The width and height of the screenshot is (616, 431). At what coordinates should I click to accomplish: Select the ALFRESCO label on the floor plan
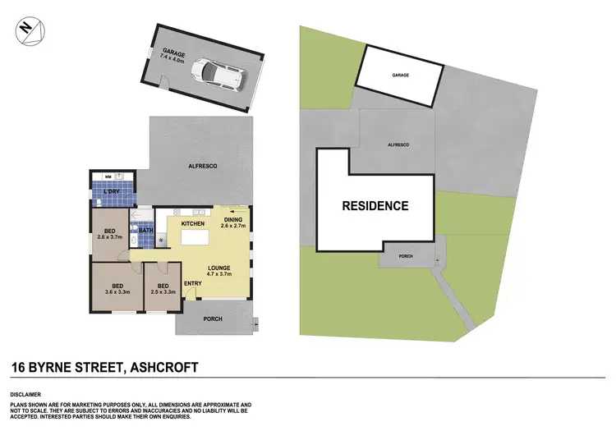tap(202, 167)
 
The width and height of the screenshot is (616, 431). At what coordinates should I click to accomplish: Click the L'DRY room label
tap(102, 194)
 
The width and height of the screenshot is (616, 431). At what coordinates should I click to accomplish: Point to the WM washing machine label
tap(108, 177)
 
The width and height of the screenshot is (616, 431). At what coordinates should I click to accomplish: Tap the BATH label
tap(147, 231)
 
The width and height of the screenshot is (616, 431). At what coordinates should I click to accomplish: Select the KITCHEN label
tap(192, 223)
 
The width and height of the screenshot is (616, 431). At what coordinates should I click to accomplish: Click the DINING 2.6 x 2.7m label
tap(233, 223)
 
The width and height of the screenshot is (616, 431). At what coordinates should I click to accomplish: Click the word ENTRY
tap(193, 284)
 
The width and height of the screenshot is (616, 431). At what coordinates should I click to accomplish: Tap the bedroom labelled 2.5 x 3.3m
tap(162, 288)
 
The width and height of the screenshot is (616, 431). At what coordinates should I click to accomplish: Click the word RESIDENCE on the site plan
tap(375, 206)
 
